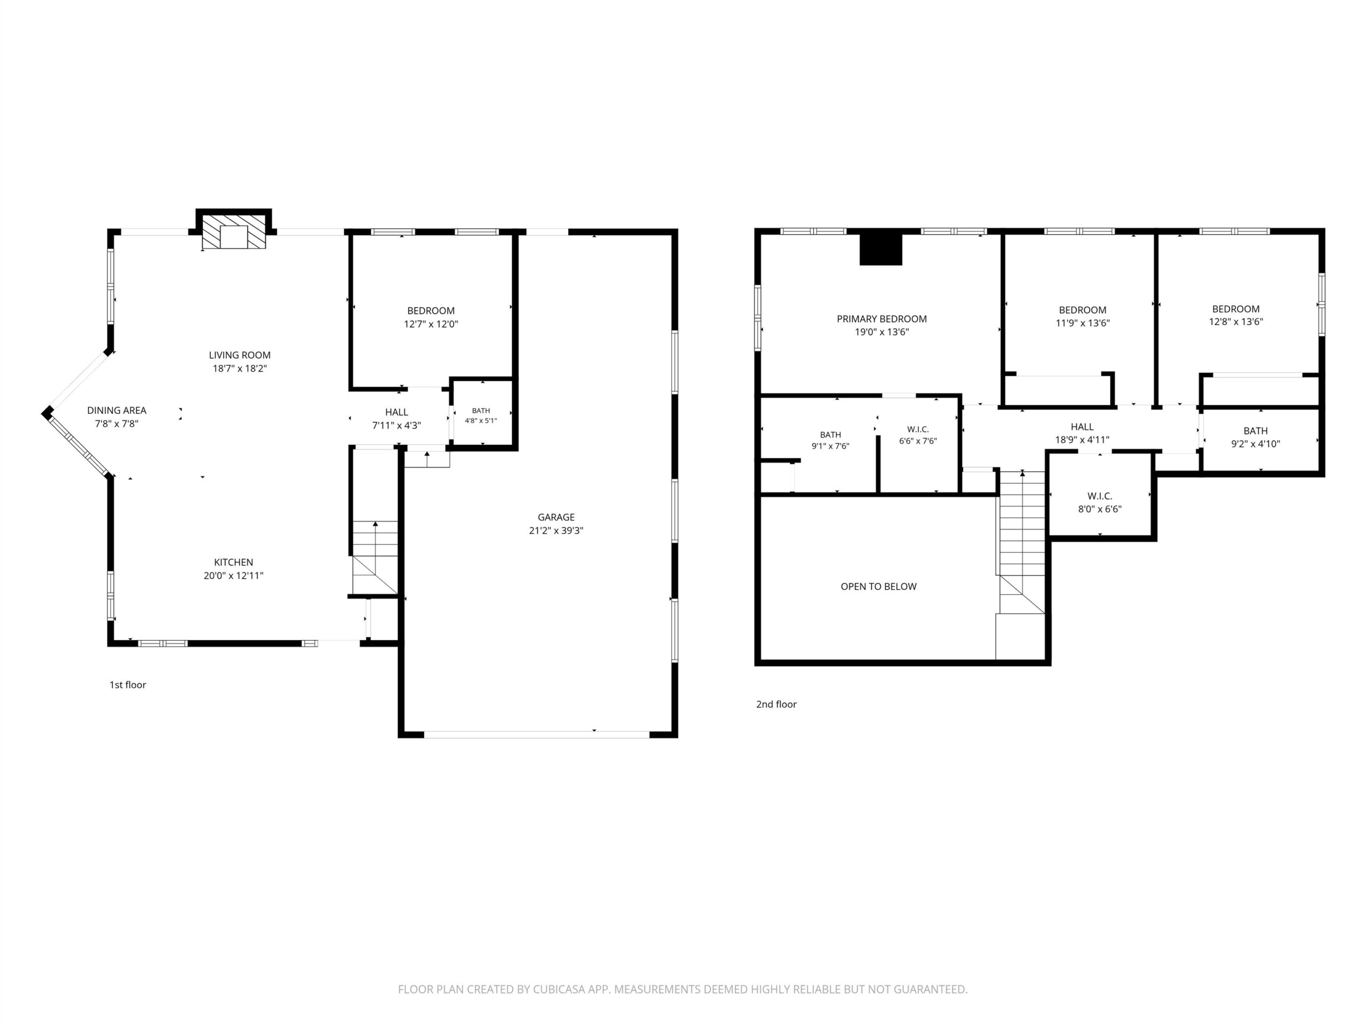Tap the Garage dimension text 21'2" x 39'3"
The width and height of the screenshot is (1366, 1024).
click(x=556, y=530)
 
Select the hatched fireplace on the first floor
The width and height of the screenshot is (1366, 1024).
click(x=234, y=232)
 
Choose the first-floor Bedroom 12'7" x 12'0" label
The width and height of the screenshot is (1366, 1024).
click(x=431, y=317)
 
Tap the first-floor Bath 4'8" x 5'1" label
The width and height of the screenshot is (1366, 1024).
click(x=481, y=415)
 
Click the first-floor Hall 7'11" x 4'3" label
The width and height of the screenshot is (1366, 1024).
click(x=396, y=419)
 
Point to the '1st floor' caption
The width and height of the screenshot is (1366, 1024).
click(x=128, y=684)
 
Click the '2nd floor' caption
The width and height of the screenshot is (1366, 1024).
click(x=776, y=705)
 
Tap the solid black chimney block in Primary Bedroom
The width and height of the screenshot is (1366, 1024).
click(x=881, y=249)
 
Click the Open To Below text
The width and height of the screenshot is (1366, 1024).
click(x=879, y=586)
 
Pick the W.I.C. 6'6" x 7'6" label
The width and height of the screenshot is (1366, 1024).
click(x=918, y=435)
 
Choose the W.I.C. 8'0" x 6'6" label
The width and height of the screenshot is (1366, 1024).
click(x=1100, y=502)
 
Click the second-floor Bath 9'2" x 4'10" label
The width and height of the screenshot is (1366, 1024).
click(x=1256, y=437)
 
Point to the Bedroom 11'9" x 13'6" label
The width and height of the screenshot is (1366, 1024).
click(x=1083, y=316)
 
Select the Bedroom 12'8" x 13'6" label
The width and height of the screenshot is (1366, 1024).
click(x=1236, y=315)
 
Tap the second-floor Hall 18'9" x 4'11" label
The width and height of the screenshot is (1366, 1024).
click(x=1082, y=433)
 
